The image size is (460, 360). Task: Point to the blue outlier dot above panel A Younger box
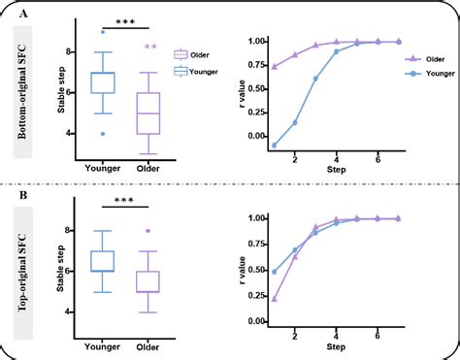(x=101, y=32)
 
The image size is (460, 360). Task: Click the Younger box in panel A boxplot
(x=101, y=82)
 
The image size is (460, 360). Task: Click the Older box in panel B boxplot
(x=148, y=280)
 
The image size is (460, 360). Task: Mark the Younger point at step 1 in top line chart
(x=275, y=146)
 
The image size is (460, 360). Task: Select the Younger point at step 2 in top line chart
(x=296, y=122)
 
